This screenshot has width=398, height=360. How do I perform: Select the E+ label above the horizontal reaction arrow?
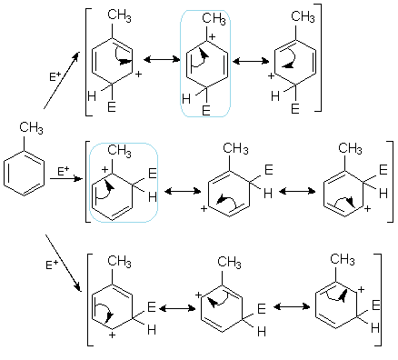coord(62,170)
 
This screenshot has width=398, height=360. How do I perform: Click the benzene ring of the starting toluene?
coord(23,172)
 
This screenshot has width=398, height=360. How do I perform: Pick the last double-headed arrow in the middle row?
coord(295,194)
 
